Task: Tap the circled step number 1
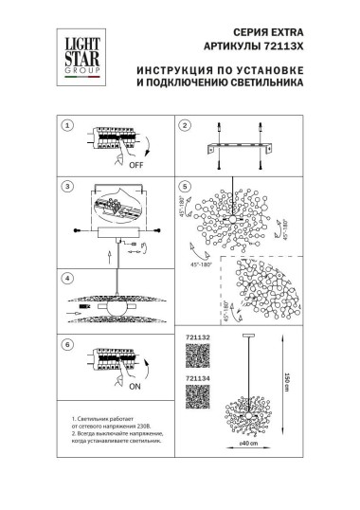click(66, 125)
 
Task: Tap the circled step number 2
click(186, 125)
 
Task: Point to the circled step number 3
click(66, 187)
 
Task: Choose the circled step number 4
click(66, 280)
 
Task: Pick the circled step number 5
click(186, 187)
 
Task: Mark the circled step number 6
click(66, 344)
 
